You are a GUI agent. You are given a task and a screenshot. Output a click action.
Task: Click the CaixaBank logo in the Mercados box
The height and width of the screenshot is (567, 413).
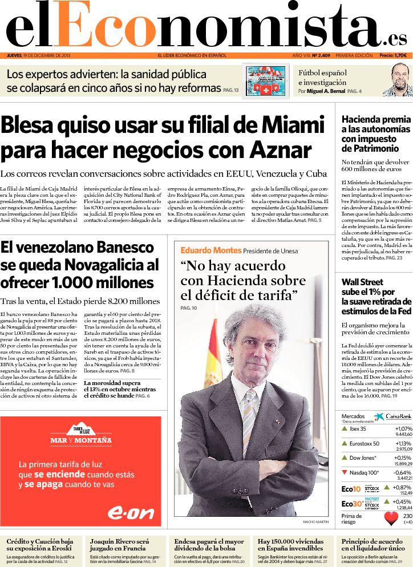click(x=392, y=418)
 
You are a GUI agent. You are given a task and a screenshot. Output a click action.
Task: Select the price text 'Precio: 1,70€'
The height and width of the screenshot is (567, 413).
click(x=393, y=55)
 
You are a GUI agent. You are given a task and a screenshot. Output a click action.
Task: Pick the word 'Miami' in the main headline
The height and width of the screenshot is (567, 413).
click(x=292, y=124)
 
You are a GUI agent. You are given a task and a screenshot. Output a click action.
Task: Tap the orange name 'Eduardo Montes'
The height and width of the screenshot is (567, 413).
click(x=210, y=250)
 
